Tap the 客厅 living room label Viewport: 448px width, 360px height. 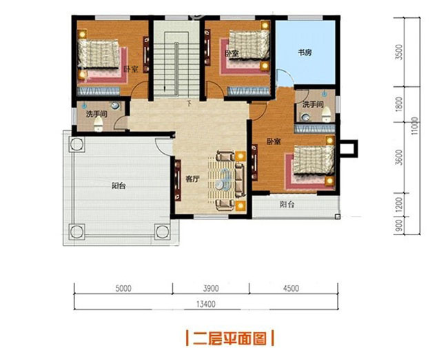point(192,178)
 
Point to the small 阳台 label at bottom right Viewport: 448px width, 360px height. point(287,204)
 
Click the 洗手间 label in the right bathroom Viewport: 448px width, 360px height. point(312,104)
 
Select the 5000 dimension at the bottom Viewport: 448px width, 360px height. point(123,288)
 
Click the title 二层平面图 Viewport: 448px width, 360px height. point(230,339)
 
